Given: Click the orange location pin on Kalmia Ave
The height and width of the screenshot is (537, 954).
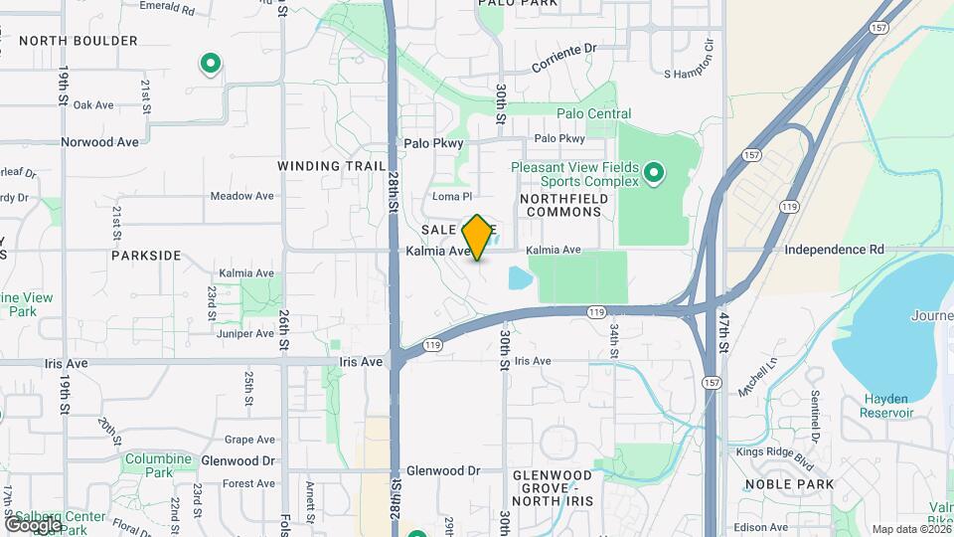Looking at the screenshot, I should [478, 238].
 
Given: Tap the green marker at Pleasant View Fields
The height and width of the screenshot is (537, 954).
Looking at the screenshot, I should [654, 174].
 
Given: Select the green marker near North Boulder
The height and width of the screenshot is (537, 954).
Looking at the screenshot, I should [211, 65].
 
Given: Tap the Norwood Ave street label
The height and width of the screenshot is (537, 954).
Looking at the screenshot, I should [99, 142].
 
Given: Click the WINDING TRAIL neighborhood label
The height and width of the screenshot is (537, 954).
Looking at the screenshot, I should [331, 166].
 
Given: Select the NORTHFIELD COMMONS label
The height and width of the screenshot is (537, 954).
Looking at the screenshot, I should [562, 206].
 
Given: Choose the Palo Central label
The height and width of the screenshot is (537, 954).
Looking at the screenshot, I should [594, 114].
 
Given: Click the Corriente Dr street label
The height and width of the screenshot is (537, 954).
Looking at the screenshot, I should [563, 59].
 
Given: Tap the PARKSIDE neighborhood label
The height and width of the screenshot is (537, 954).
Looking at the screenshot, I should [146, 256].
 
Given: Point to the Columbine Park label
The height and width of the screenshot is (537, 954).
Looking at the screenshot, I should [157, 465].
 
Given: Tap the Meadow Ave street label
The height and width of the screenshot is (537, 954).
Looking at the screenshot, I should [242, 196].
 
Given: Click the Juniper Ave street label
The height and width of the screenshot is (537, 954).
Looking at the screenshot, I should [244, 333].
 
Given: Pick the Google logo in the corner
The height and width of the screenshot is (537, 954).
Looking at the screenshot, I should [33, 524].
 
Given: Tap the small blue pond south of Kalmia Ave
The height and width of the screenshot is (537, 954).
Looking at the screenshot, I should [520, 277].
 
